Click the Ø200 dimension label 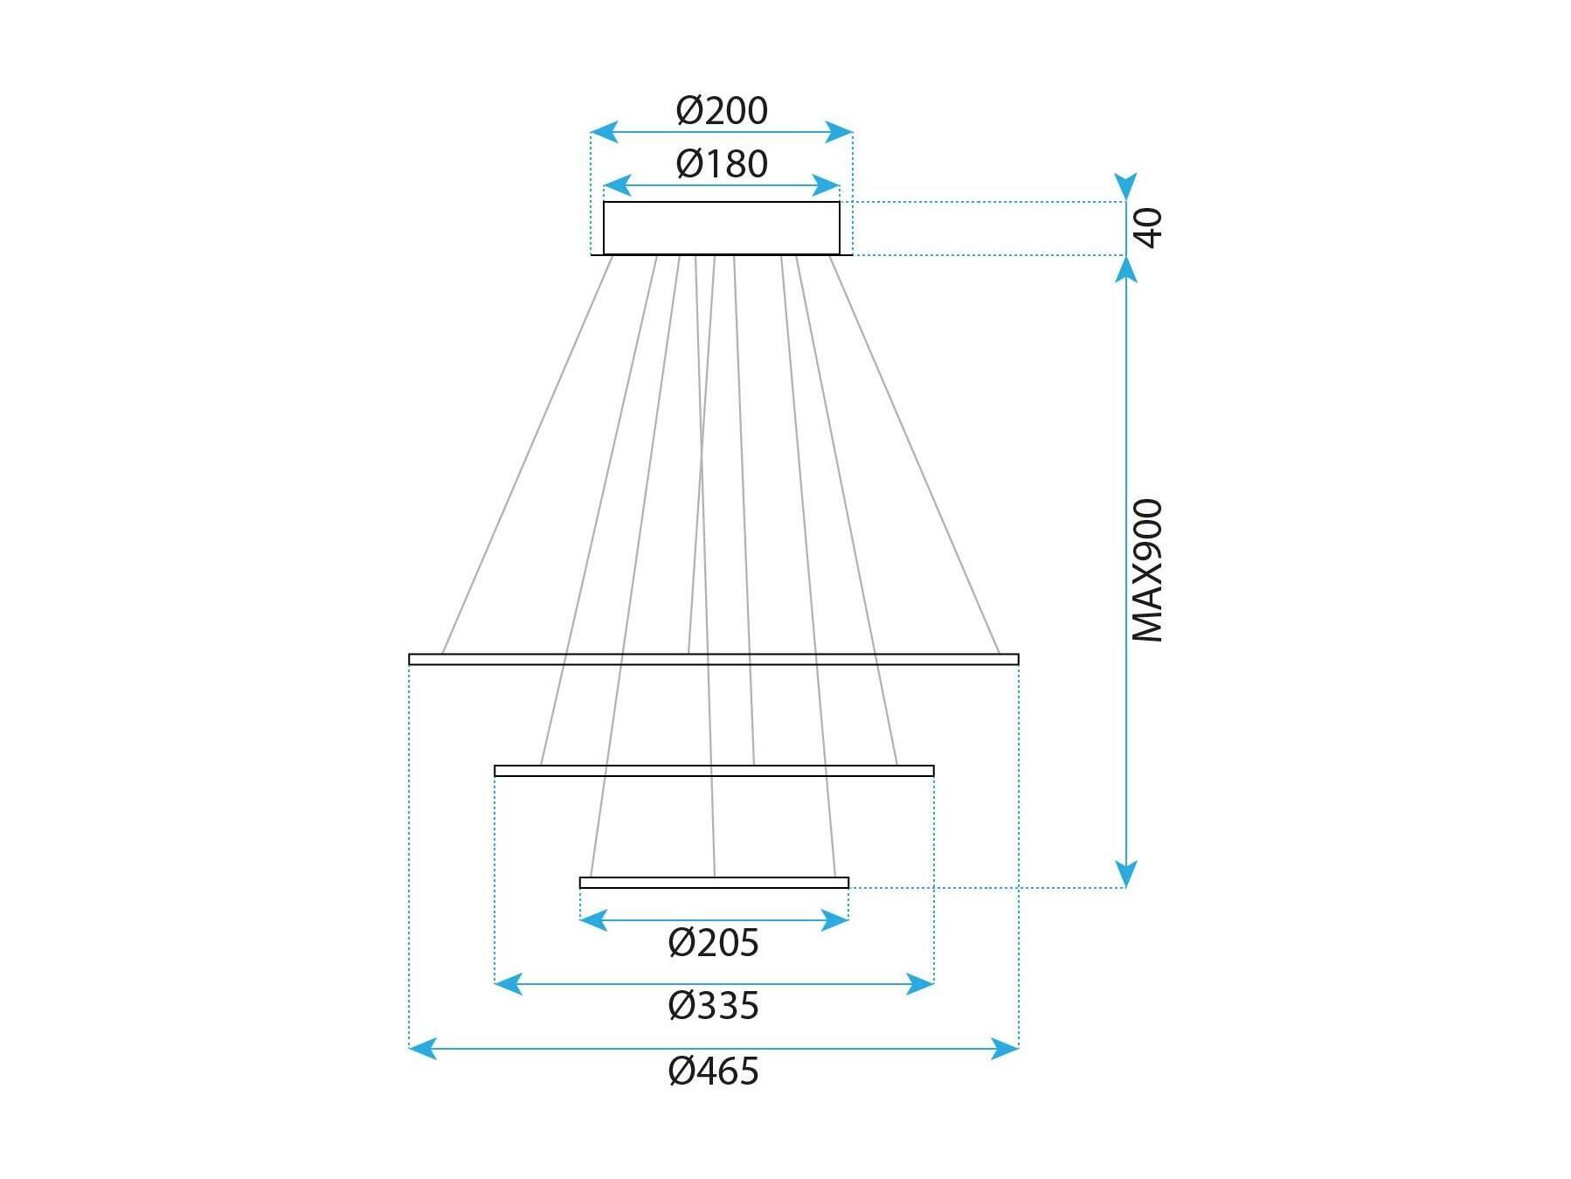(722, 111)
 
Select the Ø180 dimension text (722, 164)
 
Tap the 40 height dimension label (1148, 227)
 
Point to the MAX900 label (1148, 571)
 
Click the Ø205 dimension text (713, 943)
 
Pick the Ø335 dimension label (713, 1006)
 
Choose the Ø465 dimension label (713, 1072)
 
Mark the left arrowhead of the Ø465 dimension (422, 1048)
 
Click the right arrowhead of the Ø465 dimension (1005, 1048)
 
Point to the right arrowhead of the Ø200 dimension (839, 132)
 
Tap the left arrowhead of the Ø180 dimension (617, 185)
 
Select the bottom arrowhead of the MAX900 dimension (1126, 874)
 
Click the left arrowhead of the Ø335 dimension (509, 984)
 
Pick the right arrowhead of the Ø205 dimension (835, 920)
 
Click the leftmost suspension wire (527, 454)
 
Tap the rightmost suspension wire (914, 454)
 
